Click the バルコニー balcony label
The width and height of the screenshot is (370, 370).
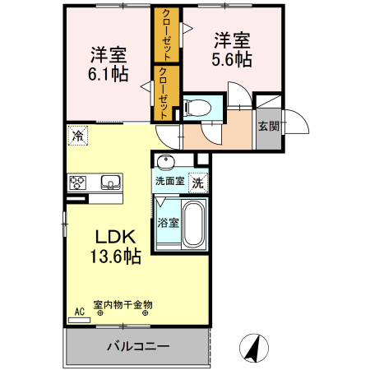(x=137, y=346)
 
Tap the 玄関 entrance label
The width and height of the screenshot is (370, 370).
(x=267, y=126)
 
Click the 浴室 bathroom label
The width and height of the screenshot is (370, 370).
(x=167, y=222)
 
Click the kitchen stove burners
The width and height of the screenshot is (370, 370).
(x=79, y=182)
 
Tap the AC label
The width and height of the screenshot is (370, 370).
(x=80, y=310)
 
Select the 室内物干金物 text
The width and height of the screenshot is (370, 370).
(x=123, y=305)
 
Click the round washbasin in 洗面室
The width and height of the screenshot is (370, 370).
(x=167, y=162)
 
